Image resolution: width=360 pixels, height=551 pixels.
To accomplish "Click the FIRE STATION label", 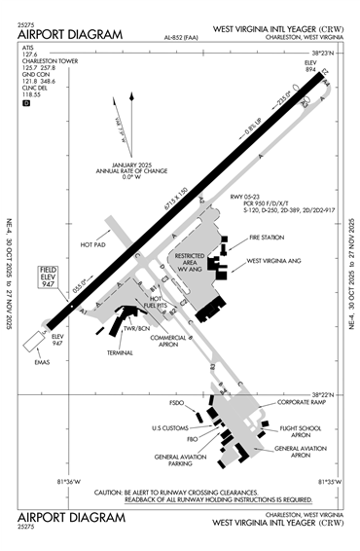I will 269,238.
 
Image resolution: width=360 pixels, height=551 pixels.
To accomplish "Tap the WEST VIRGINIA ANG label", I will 282,261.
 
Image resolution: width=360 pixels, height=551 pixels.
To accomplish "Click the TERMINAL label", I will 121,351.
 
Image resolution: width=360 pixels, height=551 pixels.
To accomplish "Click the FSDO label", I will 176,402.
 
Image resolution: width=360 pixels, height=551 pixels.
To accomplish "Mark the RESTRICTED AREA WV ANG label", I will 189,260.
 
